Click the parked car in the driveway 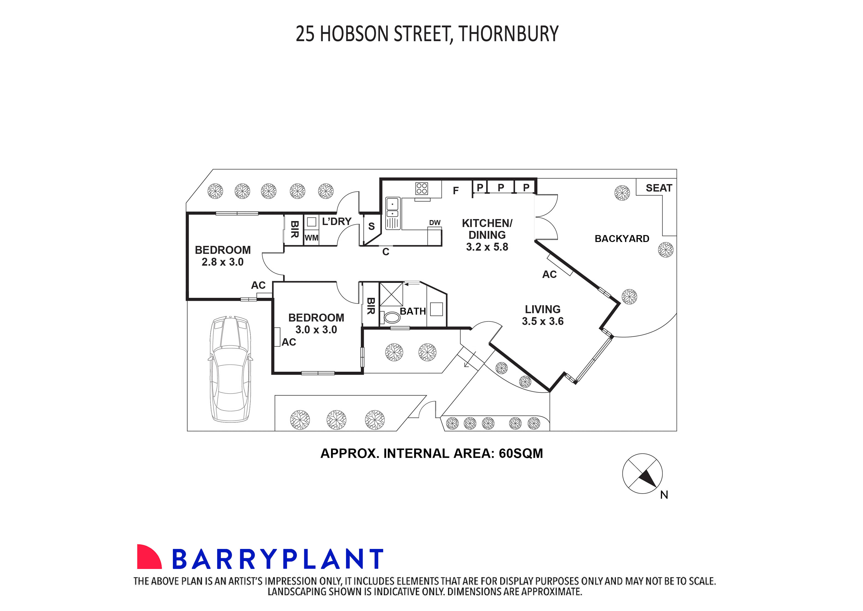pyautogui.click(x=230, y=369)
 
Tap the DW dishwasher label pyautogui.click(x=435, y=222)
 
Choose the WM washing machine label pyautogui.click(x=311, y=238)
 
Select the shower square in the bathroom pyautogui.click(x=391, y=294)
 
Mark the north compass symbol pyautogui.click(x=642, y=474)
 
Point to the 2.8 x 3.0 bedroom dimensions pyautogui.click(x=222, y=262)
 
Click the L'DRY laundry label pyautogui.click(x=336, y=221)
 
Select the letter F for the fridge pyautogui.click(x=455, y=191)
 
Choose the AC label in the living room pyautogui.click(x=549, y=274)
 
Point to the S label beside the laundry pyautogui.click(x=371, y=226)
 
